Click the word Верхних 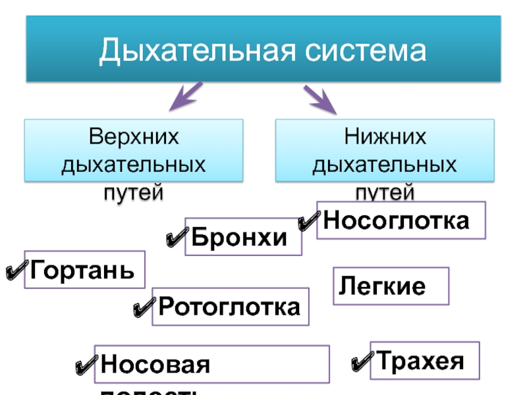[134, 137]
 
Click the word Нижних [385, 137]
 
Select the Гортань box [84, 269]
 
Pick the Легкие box [391, 286]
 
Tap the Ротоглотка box [230, 306]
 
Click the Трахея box [425, 361]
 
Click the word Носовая [155, 364]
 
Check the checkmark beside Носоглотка [307, 222]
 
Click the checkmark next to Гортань [14, 271]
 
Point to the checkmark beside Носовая [86, 365]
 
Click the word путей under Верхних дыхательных [134, 192]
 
